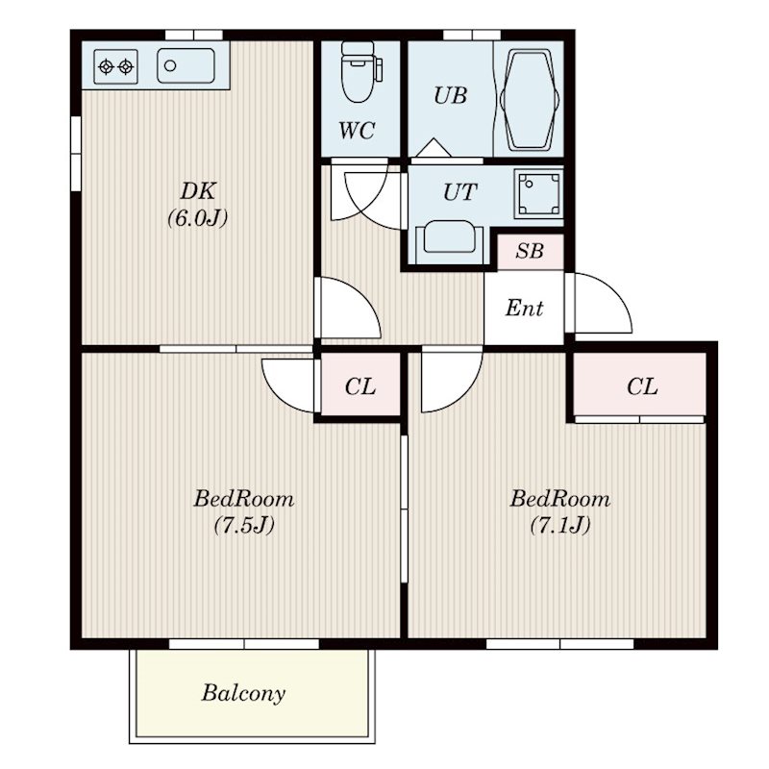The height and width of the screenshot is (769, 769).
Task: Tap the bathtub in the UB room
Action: [530, 100]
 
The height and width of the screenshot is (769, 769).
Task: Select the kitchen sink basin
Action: [186, 65]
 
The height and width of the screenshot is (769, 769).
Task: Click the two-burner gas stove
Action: [115, 66]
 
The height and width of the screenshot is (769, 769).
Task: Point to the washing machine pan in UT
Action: [538, 193]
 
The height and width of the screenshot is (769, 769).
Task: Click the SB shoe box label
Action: [530, 251]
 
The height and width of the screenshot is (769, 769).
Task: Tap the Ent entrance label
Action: [524, 308]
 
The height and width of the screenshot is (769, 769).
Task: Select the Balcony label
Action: [243, 693]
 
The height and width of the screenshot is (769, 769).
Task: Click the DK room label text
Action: [198, 190]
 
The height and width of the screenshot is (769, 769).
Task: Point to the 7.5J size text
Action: [244, 525]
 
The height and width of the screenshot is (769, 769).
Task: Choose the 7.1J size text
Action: [560, 525]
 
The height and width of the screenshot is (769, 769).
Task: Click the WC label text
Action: [357, 130]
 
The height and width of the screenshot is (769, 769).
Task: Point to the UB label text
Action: [450, 95]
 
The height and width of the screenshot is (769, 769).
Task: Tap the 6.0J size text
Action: [198, 218]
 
